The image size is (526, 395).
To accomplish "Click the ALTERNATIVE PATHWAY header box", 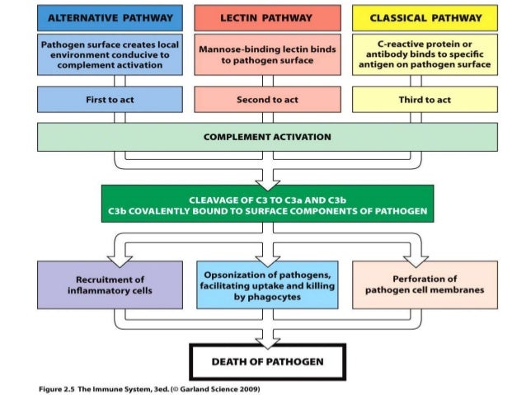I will [x=110, y=17].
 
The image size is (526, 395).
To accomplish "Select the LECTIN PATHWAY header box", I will [x=267, y=17].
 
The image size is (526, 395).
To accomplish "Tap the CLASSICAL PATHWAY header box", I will [x=425, y=17].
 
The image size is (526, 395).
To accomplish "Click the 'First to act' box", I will [x=110, y=99].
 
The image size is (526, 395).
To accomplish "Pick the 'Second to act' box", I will [x=267, y=99].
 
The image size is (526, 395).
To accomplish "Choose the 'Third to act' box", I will [x=425, y=99].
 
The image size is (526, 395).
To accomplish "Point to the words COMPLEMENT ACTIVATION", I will [x=267, y=136].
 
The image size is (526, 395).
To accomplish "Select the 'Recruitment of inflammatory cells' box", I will [x=110, y=284].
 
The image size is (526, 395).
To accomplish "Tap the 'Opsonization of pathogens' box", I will [x=267, y=284].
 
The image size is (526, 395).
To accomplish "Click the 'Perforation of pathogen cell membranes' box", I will [x=425, y=284].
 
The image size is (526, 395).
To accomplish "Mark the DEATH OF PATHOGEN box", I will [x=267, y=361].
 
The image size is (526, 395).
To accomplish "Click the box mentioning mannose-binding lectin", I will [x=267, y=54].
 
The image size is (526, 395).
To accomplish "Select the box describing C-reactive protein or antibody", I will [x=425, y=54].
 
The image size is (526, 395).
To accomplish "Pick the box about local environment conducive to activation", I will [x=110, y=54].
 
